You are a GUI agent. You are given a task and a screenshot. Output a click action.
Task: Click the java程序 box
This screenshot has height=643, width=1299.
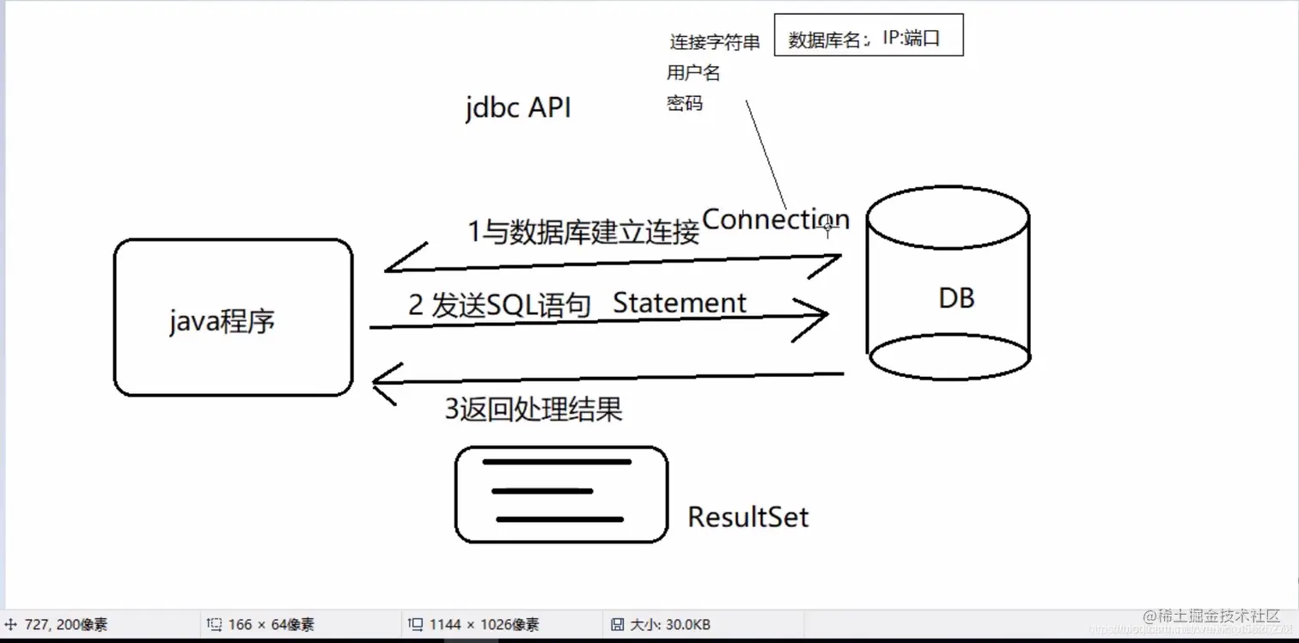233,318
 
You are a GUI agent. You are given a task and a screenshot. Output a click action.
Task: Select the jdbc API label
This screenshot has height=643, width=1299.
518,109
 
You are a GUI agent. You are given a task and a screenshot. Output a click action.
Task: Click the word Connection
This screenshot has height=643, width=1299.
775,220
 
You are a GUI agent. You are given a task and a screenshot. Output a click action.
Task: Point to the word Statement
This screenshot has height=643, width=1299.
680,303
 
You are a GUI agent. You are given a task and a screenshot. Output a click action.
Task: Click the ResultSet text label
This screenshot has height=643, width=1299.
748,517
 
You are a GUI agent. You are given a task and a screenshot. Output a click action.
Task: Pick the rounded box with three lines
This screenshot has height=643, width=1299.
561,494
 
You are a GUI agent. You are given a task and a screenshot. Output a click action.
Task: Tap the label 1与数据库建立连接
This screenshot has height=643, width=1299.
583,233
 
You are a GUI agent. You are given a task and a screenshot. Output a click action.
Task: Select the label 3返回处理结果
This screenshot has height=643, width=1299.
533,409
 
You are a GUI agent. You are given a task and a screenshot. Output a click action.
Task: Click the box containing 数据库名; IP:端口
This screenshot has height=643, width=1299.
869,36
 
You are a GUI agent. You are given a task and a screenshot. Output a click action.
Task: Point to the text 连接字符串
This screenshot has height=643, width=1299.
715,43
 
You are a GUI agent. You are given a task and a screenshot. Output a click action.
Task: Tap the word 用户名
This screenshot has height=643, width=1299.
693,74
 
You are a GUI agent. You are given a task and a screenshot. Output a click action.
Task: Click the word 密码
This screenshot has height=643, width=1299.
685,104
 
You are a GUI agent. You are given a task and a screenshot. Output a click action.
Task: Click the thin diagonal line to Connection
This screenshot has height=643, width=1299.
765,155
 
